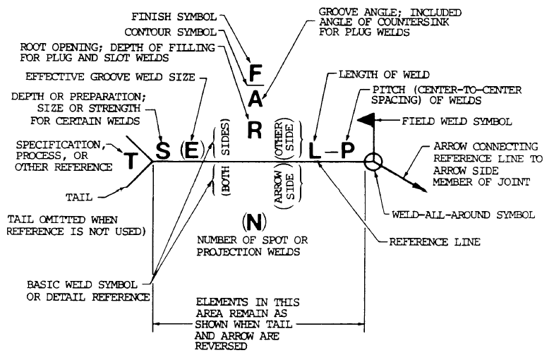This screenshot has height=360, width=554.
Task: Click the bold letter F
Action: point(256,73)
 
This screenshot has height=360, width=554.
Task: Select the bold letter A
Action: point(257,100)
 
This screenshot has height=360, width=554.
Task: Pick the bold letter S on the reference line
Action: point(163,150)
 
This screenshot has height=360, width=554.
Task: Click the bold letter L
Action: point(314,150)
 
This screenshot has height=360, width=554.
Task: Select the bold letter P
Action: point(347,150)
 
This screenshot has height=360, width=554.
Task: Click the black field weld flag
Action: point(366,121)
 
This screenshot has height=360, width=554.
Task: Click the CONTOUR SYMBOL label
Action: point(172,32)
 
